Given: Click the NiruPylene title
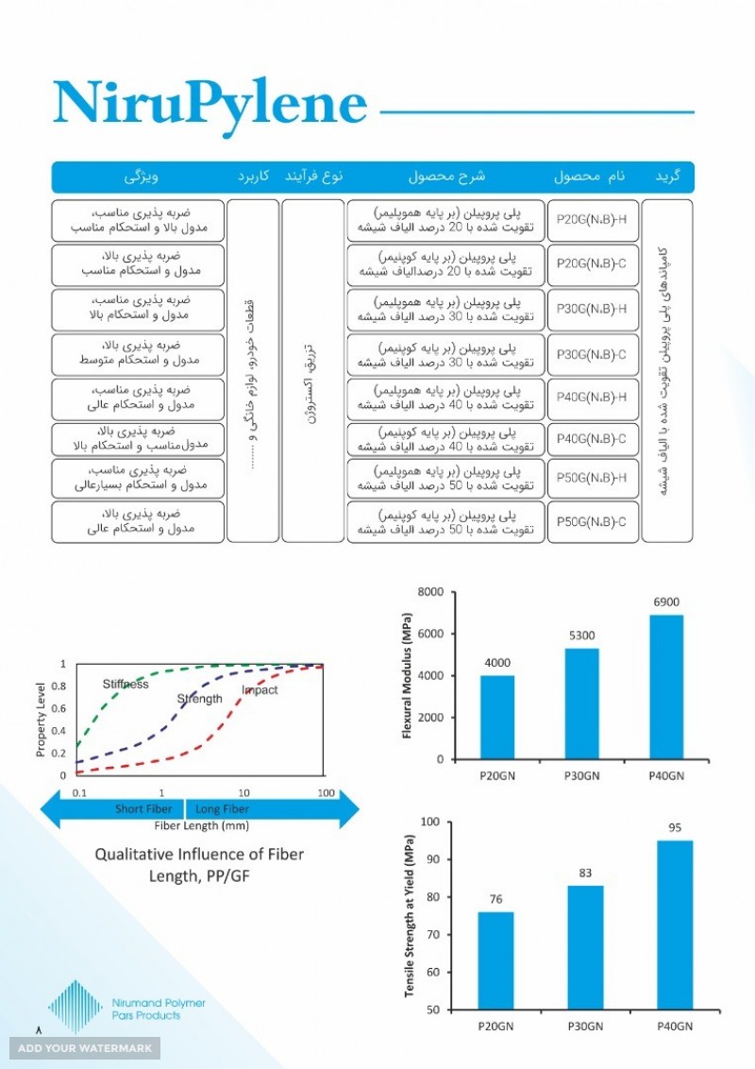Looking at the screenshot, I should point(210,103).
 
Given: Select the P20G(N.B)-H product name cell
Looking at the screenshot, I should point(592,220).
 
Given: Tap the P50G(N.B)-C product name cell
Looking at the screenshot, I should point(592,520).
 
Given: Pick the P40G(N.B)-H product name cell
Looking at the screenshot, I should point(592,398).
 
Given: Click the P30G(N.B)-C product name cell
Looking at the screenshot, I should point(592,354).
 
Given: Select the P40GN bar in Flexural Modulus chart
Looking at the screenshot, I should point(666,687).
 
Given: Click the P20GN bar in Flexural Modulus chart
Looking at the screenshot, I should point(497,717).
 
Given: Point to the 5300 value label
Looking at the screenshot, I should point(581,636).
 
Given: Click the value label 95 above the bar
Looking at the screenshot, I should point(675,828).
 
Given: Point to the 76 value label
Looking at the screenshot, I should point(495,899).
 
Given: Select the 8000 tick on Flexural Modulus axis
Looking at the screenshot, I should point(430,592).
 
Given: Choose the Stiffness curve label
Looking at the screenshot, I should point(125,684).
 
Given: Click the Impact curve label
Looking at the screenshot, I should point(260,690).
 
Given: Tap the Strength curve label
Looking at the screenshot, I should point(200,699).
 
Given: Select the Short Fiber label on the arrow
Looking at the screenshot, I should point(143,809).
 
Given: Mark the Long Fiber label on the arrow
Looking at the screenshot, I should point(222,809).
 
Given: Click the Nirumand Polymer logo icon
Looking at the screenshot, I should point(75,1007).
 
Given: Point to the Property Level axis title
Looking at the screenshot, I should point(41,721).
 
